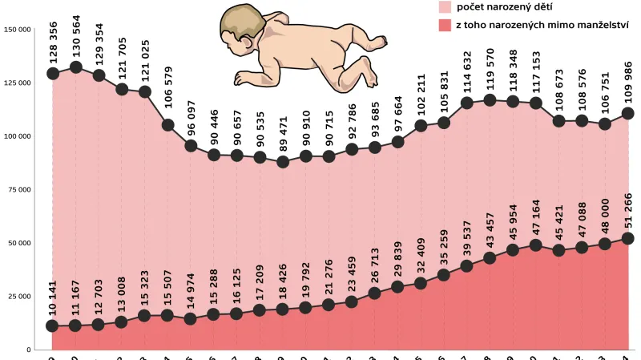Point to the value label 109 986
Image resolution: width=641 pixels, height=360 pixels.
coord(628,83)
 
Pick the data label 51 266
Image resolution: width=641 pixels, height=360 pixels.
coord(628,210)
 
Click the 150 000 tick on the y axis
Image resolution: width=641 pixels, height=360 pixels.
coord(17,30)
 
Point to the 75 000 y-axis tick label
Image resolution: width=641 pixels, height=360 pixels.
coord(18,190)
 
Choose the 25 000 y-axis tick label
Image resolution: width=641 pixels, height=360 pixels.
coord(18,297)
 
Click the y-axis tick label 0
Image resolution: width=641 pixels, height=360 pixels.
coord(27,350)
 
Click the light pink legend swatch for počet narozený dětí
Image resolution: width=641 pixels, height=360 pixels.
coord(445,7)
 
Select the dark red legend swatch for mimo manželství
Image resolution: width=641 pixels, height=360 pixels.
coord(445,26)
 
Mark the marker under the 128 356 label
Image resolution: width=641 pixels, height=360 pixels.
coord(53,73)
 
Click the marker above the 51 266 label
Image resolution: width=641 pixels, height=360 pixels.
coord(628,238)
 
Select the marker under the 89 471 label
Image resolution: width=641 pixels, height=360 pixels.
coord(282,161)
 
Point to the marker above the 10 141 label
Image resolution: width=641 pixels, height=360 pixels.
coord(53,326)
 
